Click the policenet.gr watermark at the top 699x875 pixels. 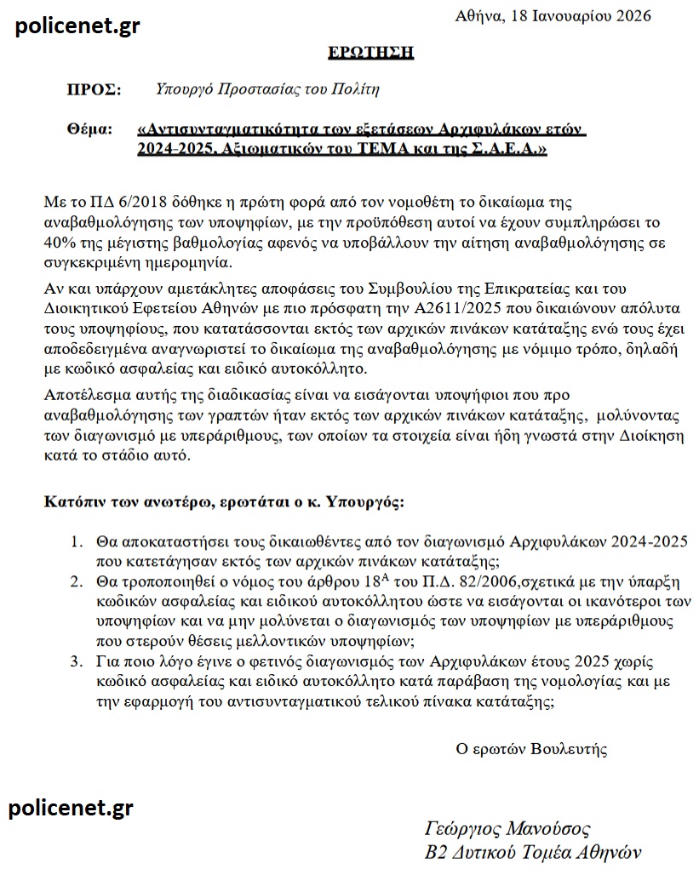pyautogui.click(x=78, y=26)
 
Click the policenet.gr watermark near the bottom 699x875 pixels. pyautogui.click(x=71, y=807)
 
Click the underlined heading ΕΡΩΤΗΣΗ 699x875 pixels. pyautogui.click(x=370, y=53)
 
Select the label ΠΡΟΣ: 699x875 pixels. pyautogui.click(x=94, y=89)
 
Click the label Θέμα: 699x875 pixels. pyautogui.click(x=89, y=129)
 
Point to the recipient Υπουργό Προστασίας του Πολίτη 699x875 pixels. pyautogui.click(x=267, y=89)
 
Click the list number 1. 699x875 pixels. pyautogui.click(x=76, y=541)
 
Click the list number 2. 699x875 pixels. pyautogui.click(x=76, y=581)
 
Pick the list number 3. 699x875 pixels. pyautogui.click(x=76, y=661)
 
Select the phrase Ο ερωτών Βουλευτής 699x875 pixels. pyautogui.click(x=531, y=749)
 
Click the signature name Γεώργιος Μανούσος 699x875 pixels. pyautogui.click(x=507, y=829)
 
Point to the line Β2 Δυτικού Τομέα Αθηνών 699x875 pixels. pyautogui.click(x=532, y=853)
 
